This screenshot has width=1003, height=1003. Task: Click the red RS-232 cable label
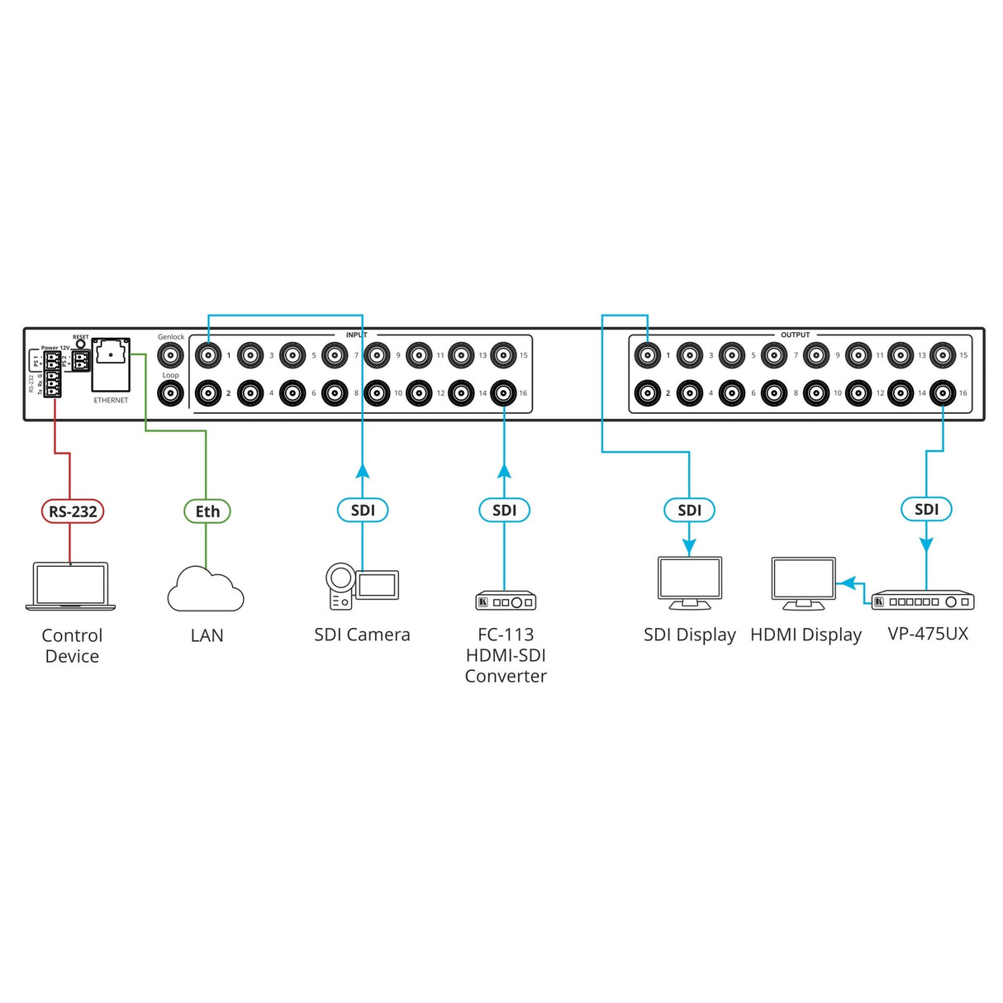click(x=72, y=511)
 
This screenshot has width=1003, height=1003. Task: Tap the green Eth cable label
click(x=207, y=511)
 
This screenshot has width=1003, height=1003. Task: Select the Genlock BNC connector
click(x=170, y=355)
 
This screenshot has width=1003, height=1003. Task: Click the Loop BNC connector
click(x=170, y=393)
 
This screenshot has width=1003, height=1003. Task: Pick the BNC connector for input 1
click(x=208, y=355)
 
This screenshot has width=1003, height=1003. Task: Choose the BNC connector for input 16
click(x=504, y=393)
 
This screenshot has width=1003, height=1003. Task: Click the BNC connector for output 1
click(x=648, y=355)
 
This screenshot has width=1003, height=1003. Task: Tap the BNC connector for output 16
click(x=943, y=393)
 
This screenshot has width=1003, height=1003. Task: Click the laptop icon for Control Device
click(x=71, y=587)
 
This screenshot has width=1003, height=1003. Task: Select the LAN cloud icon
click(x=206, y=589)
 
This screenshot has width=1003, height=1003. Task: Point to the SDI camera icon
click(x=362, y=586)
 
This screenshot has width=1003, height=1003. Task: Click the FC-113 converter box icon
click(x=506, y=601)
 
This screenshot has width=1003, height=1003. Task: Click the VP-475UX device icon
click(x=923, y=601)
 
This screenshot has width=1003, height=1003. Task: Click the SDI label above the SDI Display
click(x=689, y=510)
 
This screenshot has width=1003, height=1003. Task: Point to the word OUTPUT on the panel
click(x=795, y=335)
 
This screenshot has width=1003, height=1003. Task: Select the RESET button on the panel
click(x=80, y=343)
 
